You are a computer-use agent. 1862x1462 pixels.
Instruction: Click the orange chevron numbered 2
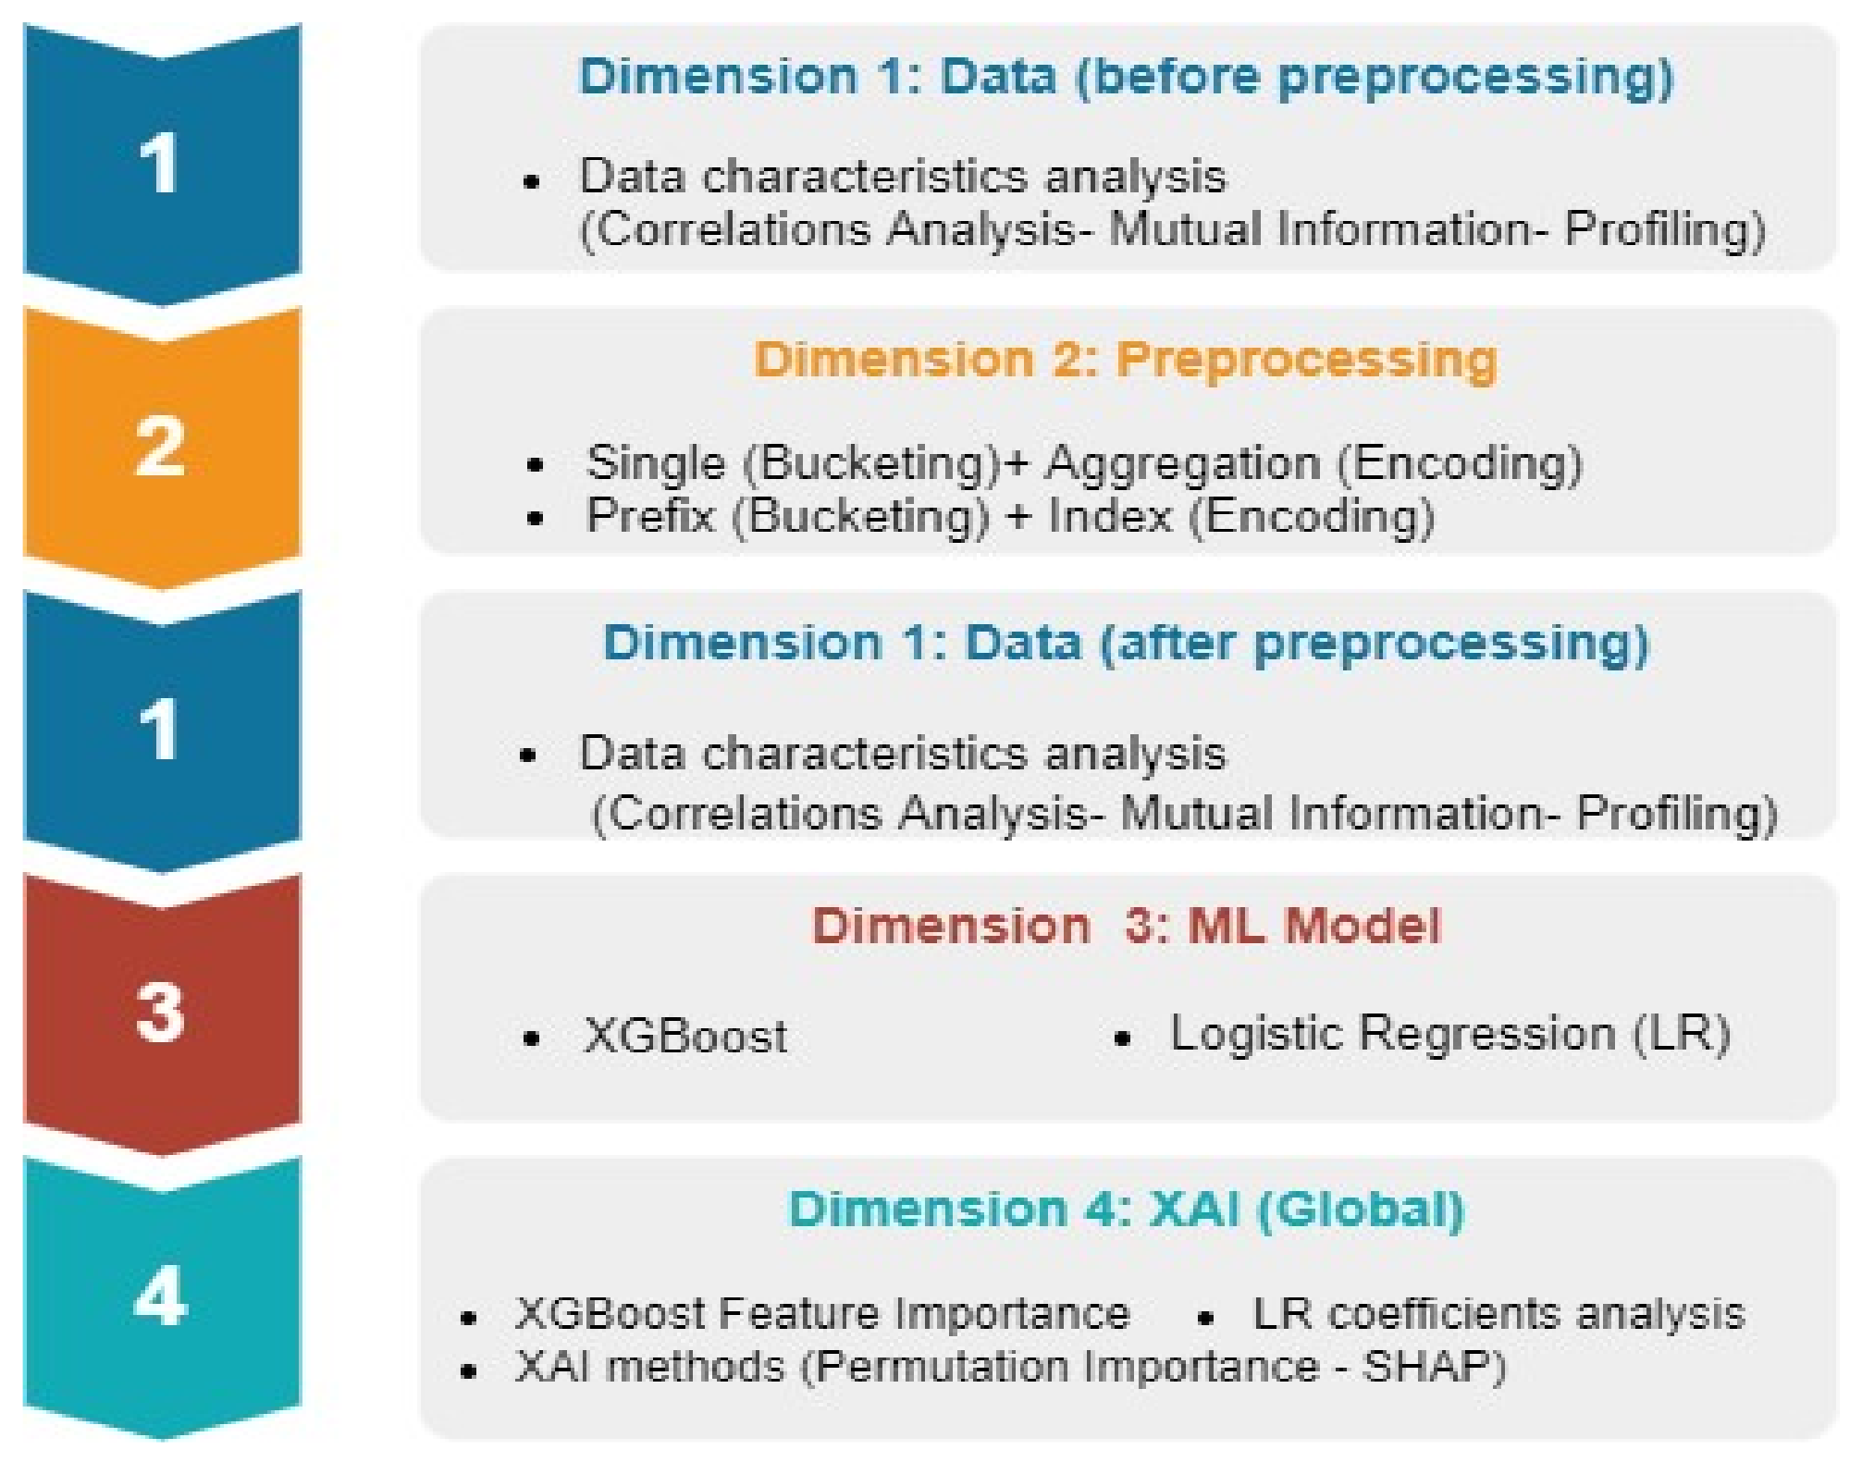[x=162, y=447]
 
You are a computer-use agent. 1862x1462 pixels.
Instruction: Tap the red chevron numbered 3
[x=162, y=1013]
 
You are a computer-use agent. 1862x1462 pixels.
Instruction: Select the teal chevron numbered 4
[x=162, y=1296]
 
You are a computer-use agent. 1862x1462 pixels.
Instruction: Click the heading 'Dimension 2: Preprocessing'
[x=1125, y=360]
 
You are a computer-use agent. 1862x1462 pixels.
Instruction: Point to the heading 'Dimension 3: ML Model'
[x=1126, y=926]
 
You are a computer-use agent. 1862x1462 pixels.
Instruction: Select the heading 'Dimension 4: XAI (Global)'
[x=1126, y=1210]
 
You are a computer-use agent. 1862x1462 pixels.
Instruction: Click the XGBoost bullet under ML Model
[x=685, y=1036]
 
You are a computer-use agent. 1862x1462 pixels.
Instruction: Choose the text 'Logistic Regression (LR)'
[x=1449, y=1034]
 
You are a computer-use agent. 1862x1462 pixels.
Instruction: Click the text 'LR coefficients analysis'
[x=1498, y=1314]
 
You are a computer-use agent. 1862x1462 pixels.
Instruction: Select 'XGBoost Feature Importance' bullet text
[x=822, y=1314]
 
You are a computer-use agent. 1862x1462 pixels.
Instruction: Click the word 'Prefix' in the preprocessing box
[x=650, y=516]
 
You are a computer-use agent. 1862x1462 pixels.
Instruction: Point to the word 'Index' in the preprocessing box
[x=1109, y=516]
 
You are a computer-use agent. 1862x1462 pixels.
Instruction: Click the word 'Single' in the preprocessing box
[x=655, y=463]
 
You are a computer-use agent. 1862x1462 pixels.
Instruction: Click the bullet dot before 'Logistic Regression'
[x=1123, y=1039]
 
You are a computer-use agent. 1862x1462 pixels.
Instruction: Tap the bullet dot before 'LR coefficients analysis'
[x=1204, y=1318]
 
